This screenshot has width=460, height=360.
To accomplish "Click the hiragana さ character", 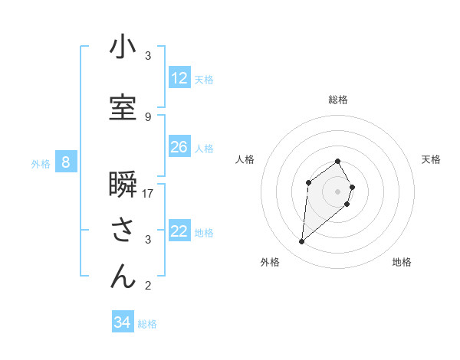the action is click(123, 230).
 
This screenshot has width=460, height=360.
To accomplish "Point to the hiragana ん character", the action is click(123, 277).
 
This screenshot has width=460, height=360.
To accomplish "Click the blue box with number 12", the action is click(179, 78).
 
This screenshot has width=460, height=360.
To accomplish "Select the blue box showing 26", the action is click(179, 147).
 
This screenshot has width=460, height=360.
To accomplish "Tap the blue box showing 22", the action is click(179, 231).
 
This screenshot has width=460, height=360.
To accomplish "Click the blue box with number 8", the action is click(66, 162).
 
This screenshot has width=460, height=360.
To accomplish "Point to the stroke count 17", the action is click(149, 193).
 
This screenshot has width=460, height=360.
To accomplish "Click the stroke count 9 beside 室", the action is click(148, 116).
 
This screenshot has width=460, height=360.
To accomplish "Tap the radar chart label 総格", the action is click(338, 100).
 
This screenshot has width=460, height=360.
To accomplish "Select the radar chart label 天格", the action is click(431, 159).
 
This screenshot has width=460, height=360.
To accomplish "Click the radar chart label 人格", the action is click(245, 159).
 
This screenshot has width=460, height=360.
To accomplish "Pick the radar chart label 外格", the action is click(270, 262).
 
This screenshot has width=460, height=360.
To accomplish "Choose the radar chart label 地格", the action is click(402, 262).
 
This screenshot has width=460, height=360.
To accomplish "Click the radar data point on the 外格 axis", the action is click(302, 242).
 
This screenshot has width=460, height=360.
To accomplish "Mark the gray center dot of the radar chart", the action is click(338, 191).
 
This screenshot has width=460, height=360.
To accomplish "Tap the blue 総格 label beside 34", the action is click(147, 324).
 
